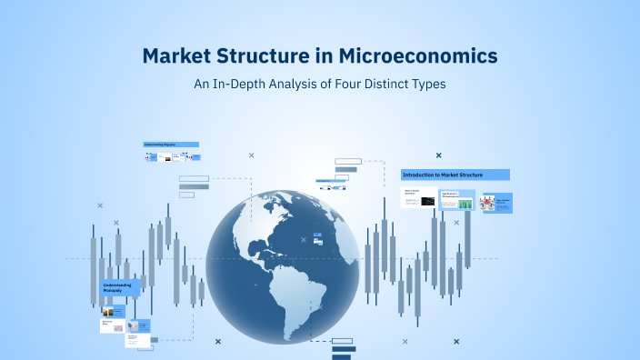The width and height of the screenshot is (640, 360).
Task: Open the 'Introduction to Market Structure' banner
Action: click(455, 175)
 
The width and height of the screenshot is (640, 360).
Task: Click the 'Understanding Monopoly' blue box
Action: click(123, 289)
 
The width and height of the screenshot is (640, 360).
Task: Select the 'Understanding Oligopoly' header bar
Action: click(171, 145)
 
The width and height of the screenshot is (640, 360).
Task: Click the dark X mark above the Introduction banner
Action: click(439, 155)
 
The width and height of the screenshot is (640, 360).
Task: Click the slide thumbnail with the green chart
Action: click(456, 202)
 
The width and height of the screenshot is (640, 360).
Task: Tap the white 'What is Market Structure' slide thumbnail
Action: click(418, 197)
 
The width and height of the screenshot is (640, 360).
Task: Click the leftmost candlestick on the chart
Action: click(93, 268)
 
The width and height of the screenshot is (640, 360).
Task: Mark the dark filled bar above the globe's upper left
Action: click(194, 186)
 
